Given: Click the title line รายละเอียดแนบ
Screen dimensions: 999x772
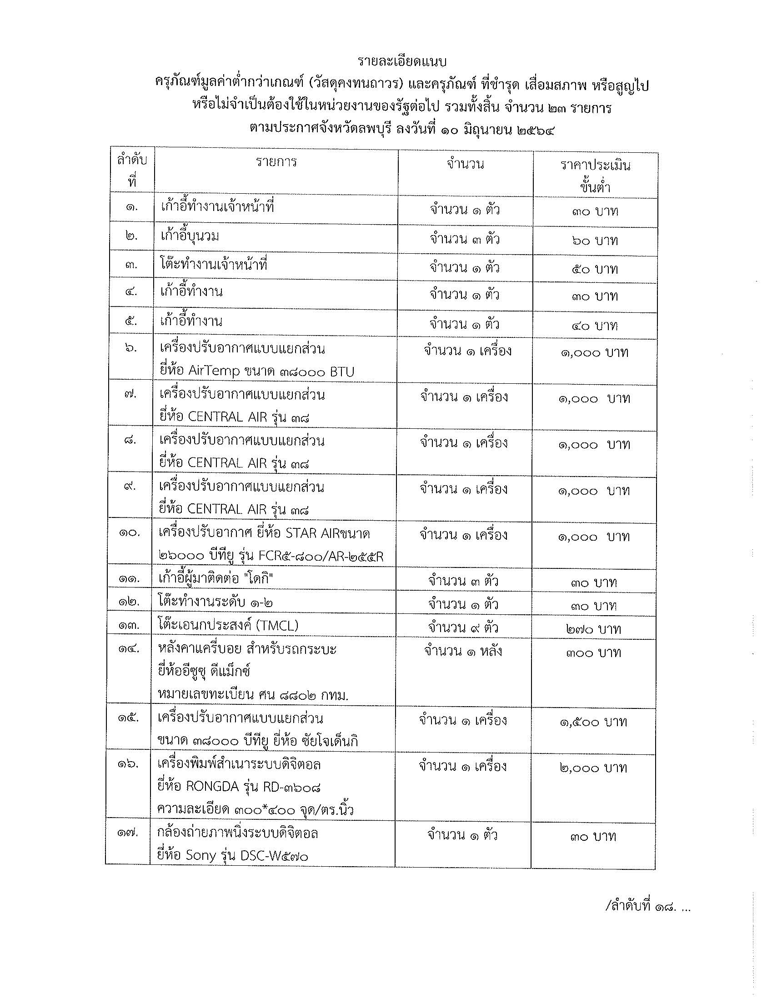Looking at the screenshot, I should (x=402, y=61).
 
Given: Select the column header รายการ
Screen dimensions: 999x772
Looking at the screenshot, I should (x=276, y=162).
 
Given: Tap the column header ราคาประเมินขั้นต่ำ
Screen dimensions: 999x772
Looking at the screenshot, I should (x=596, y=176).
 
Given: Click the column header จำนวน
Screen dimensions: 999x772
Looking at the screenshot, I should (x=465, y=164).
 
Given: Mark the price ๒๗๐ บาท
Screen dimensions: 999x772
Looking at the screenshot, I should (x=593, y=629).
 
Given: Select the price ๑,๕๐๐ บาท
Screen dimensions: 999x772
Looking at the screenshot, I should (x=593, y=722).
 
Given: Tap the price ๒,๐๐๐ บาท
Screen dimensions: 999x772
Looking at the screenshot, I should (x=593, y=768).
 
